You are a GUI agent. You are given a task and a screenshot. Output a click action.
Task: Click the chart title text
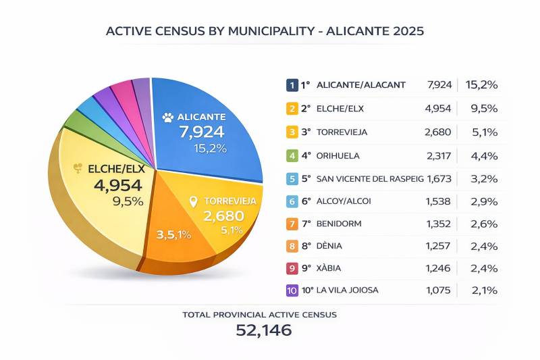[265, 32]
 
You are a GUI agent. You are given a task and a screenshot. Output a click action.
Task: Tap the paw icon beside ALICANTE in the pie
[167, 117]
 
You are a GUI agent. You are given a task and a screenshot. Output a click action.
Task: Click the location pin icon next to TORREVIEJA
[193, 201]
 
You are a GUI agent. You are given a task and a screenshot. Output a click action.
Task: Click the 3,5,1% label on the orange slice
[173, 235]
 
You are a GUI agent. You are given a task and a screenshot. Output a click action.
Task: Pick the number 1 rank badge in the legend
[292, 85]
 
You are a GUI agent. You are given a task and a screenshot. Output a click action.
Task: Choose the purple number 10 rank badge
[292, 290]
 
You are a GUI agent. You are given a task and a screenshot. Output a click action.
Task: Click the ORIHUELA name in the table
[338, 156]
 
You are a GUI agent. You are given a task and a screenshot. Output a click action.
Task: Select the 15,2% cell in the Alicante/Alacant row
[483, 85]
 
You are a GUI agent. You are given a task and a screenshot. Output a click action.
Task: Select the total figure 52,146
[263, 330]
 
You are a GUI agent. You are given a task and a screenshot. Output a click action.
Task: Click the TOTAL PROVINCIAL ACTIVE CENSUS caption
[259, 314]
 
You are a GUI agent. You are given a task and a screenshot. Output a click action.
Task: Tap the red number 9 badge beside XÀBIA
[292, 268]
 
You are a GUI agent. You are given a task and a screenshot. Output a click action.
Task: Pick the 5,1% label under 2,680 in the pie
[232, 230]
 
